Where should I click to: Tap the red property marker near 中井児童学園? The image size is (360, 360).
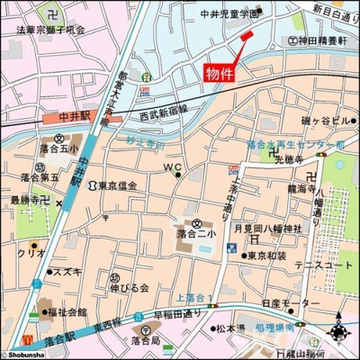coord(247,35)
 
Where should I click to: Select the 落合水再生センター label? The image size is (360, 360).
coord(292,143)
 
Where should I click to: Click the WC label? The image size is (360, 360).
coord(172,167)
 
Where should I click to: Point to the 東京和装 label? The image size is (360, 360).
coord(267,255)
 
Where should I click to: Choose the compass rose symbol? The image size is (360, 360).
coord(342,335)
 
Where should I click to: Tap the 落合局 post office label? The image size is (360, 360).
coord(145,342)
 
